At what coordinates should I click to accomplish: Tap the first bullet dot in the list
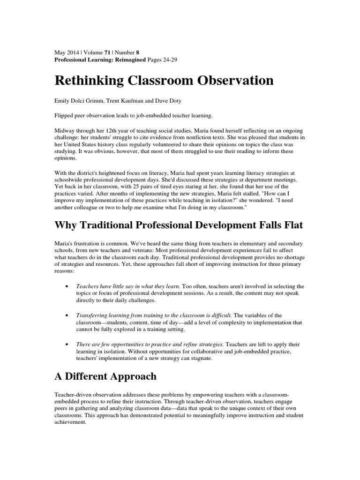(69, 286)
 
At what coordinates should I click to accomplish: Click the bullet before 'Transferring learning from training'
(69, 315)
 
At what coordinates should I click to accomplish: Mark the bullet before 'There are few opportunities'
(69, 345)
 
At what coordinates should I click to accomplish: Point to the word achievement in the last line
(70, 422)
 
